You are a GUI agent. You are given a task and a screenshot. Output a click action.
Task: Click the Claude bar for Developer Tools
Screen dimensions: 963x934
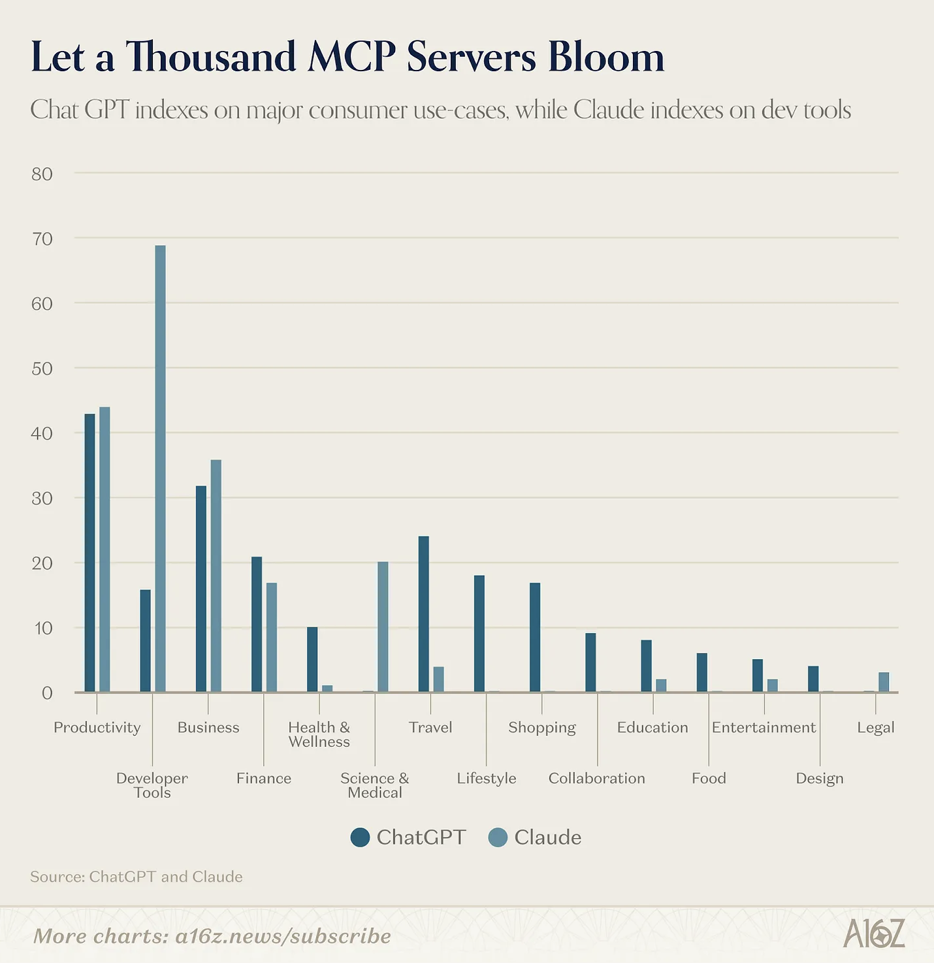tap(160, 468)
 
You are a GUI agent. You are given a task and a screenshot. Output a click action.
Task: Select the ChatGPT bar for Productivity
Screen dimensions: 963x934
tap(89, 553)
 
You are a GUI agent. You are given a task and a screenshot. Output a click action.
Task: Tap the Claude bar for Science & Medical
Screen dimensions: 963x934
tap(383, 627)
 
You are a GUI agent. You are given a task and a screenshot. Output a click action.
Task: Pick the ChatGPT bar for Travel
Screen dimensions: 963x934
tap(424, 614)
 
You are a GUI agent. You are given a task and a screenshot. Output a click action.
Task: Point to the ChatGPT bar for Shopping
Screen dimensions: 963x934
tap(535, 637)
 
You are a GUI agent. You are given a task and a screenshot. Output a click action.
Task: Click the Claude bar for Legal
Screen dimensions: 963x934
tap(884, 682)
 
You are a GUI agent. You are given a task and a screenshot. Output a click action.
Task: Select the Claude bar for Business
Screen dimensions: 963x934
tap(216, 576)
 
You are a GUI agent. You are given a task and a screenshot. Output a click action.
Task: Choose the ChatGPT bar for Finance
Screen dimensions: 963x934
tap(257, 624)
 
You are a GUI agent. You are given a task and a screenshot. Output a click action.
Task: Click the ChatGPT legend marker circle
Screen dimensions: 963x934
tap(360, 837)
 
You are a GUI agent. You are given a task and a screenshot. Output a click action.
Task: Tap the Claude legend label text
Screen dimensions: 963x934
tap(547, 837)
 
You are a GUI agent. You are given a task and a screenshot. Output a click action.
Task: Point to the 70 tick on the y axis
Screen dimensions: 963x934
tap(42, 238)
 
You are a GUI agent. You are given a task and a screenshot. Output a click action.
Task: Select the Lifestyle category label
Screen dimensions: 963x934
tap(487, 778)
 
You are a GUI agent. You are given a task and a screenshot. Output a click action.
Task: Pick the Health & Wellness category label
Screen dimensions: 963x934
tap(319, 734)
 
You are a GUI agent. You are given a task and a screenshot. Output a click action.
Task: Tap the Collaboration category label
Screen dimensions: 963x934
tap(597, 778)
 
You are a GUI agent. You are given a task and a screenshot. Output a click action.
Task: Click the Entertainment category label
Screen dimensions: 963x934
tap(764, 727)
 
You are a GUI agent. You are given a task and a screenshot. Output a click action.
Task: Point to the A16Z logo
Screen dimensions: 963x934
tap(874, 934)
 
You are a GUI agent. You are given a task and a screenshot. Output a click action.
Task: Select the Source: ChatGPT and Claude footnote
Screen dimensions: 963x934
tap(137, 876)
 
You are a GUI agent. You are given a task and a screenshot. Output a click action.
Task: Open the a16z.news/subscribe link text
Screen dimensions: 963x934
tap(283, 936)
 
